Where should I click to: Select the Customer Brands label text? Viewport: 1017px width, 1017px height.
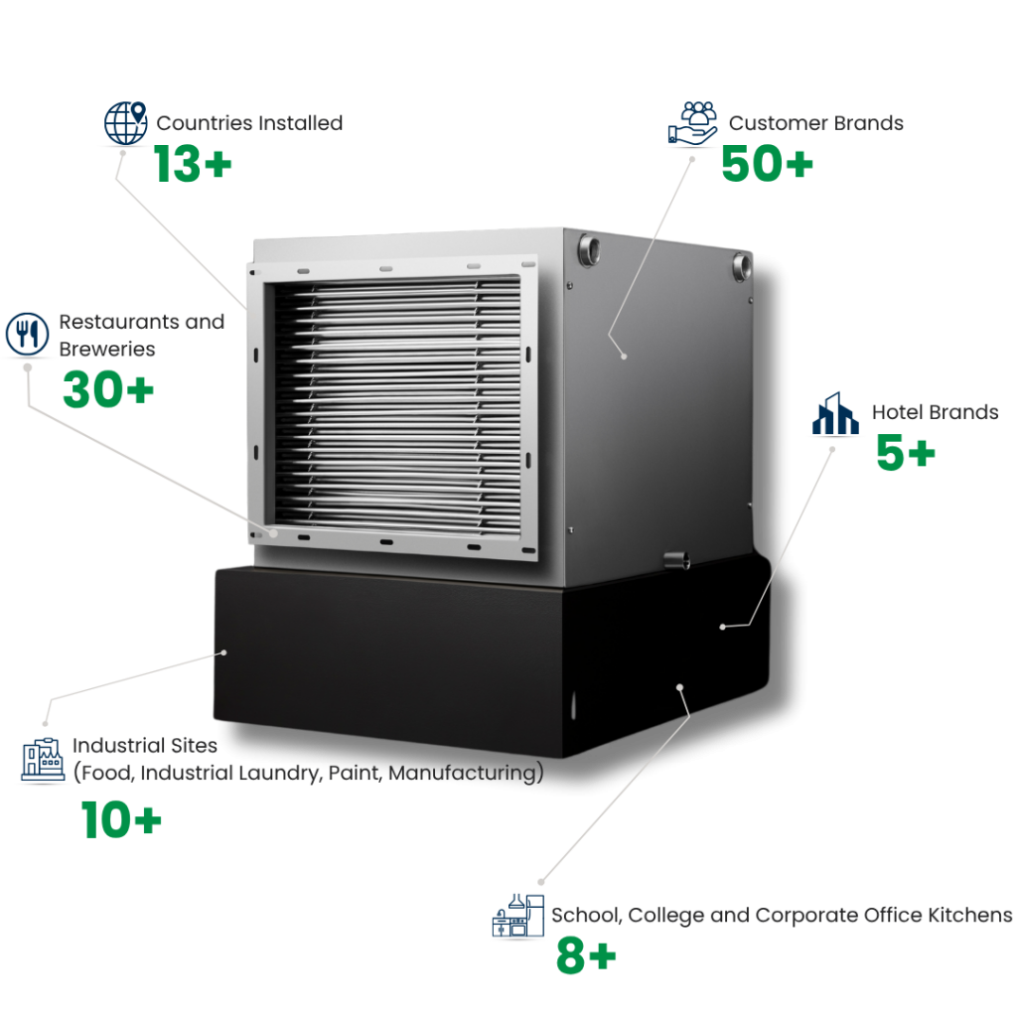[815, 126]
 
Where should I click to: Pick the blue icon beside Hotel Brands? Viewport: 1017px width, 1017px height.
[839, 415]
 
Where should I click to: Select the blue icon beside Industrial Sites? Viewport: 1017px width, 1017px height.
[43, 760]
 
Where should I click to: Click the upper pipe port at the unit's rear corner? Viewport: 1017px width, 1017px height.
[741, 265]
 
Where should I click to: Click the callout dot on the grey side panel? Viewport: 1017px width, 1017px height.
[625, 356]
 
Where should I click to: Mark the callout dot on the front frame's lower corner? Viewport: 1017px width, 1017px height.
[275, 533]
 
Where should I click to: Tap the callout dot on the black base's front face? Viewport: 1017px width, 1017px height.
[224, 653]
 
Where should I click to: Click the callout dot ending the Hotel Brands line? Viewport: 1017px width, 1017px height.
[723, 627]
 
